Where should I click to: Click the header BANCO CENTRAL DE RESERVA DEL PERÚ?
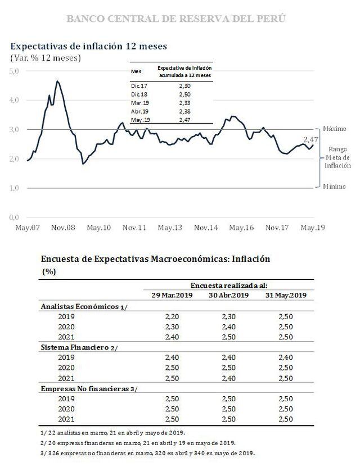pos(175,19)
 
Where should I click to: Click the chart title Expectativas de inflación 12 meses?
pos(88,45)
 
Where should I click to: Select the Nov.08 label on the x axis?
pos(64,228)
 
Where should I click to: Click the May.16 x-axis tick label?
pos(241,228)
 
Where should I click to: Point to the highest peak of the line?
pos(57,81)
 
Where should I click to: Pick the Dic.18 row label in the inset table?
pos(138,94)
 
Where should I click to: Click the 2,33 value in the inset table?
pos(185,103)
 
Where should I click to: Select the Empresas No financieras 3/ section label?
pos(89,388)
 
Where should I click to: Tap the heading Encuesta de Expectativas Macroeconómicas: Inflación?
pos(156,260)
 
